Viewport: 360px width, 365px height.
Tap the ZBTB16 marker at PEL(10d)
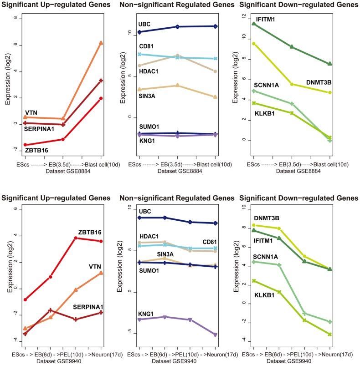tap(76, 238)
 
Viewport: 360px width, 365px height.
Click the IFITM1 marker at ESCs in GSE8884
tap(254, 24)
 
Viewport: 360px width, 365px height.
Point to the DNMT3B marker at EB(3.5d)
tap(292, 84)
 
